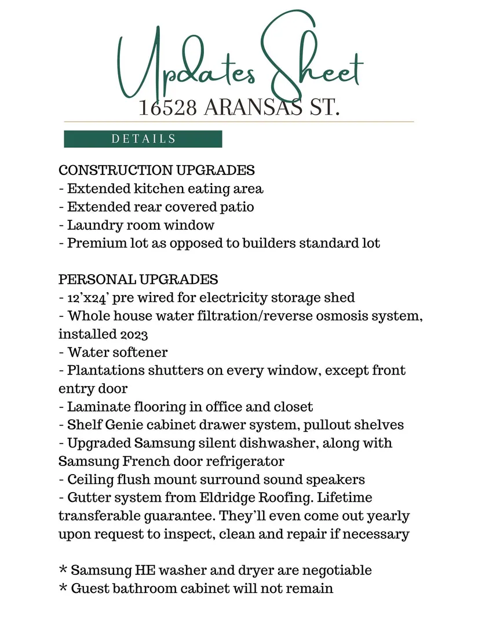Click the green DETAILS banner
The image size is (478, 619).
point(143,139)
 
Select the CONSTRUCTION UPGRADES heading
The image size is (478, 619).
point(156,170)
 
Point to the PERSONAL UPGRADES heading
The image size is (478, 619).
point(138,279)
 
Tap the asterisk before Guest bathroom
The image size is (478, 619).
point(63,588)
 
